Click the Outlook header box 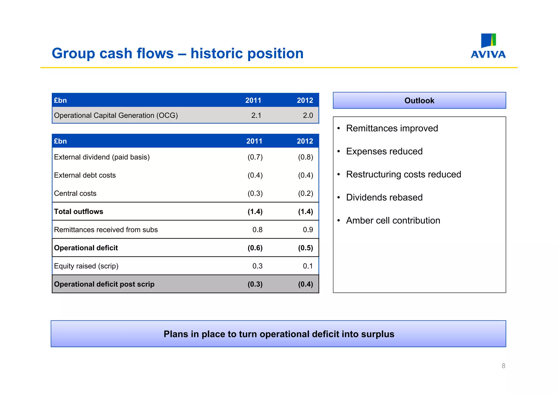pos(419,100)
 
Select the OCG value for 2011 pos(256,115)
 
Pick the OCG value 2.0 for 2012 pos(308,115)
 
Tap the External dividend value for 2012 pos(305,157)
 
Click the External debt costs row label pos(85,175)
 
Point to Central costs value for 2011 pos(255,193)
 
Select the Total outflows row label pos(78,212)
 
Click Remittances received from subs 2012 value pos(308,230)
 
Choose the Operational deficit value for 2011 pos(255,248)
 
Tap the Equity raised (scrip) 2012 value pos(308,266)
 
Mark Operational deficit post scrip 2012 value pos(305,284)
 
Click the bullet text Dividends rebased pos(384,197)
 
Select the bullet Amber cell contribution pos(393,221)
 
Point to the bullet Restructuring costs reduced pos(403,174)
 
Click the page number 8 pos(503,366)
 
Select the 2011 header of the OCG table pos(253,100)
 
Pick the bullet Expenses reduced pos(384,151)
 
